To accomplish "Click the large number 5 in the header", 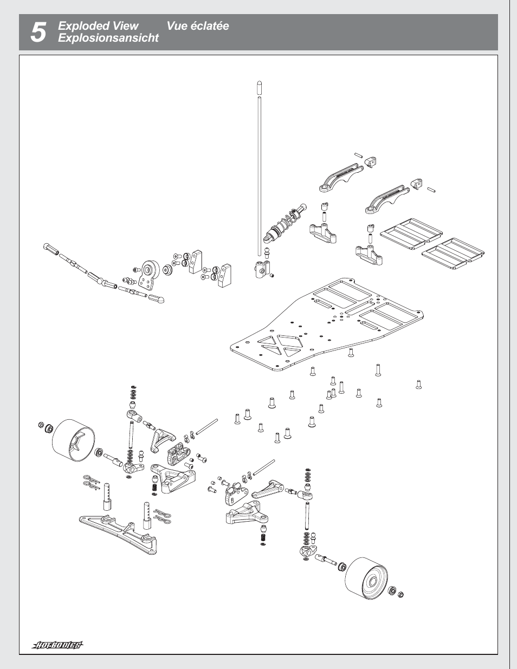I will click(38, 33).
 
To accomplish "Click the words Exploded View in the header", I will click(98, 26).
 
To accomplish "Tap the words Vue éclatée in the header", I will click(197, 26).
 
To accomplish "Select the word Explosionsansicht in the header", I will click(108, 38).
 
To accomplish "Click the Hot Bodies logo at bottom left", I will click(57, 645).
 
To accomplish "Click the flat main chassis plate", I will click(325, 330).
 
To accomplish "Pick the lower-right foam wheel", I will click(367, 578).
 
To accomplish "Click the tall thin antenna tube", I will click(260, 173).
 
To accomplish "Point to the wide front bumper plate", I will click(119, 534).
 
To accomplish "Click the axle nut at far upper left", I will click(41, 425).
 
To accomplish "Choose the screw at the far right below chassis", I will click(418, 385).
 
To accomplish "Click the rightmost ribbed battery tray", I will click(453, 253).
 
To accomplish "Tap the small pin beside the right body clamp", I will click(432, 190).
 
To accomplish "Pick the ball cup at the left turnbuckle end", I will click(51, 249).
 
